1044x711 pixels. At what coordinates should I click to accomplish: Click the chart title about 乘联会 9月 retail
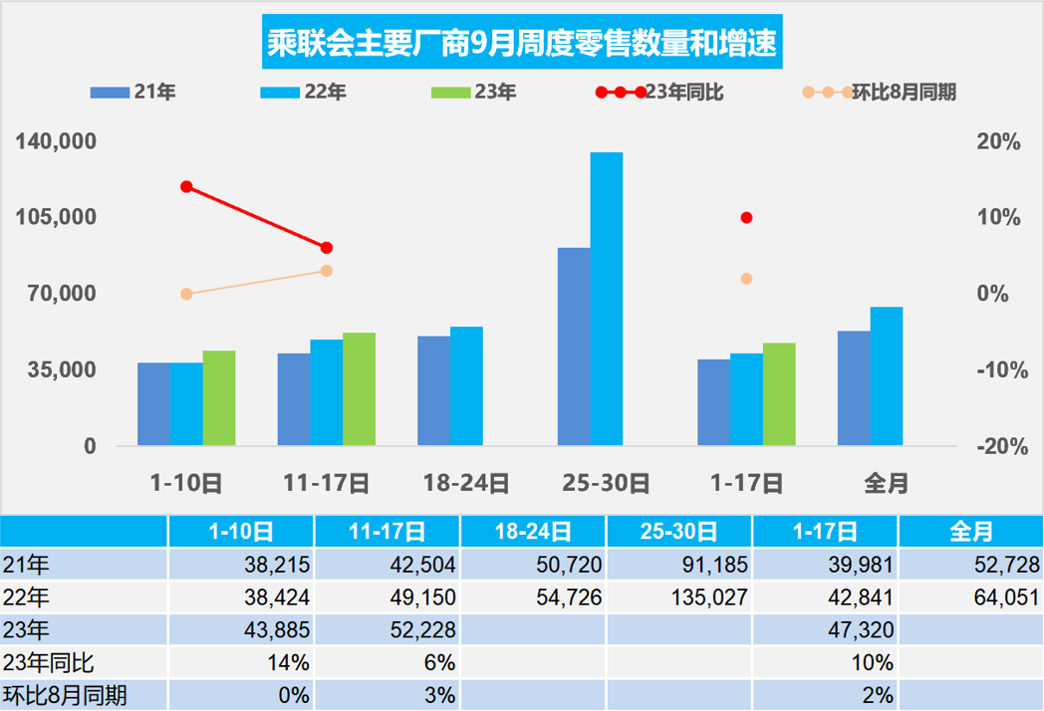click(521, 44)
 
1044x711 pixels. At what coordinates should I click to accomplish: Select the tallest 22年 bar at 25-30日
click(606, 299)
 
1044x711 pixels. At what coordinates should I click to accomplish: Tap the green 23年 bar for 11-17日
click(360, 388)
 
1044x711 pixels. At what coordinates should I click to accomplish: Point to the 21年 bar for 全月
click(854, 388)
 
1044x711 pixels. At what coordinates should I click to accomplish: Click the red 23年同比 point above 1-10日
click(186, 187)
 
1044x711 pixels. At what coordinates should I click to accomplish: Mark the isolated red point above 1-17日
click(746, 218)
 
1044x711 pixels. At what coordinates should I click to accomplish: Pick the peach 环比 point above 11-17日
click(327, 271)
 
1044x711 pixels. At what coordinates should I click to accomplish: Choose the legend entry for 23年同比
click(659, 93)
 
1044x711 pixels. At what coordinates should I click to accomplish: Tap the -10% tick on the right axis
click(998, 370)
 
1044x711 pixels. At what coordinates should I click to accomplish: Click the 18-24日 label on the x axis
click(466, 484)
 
